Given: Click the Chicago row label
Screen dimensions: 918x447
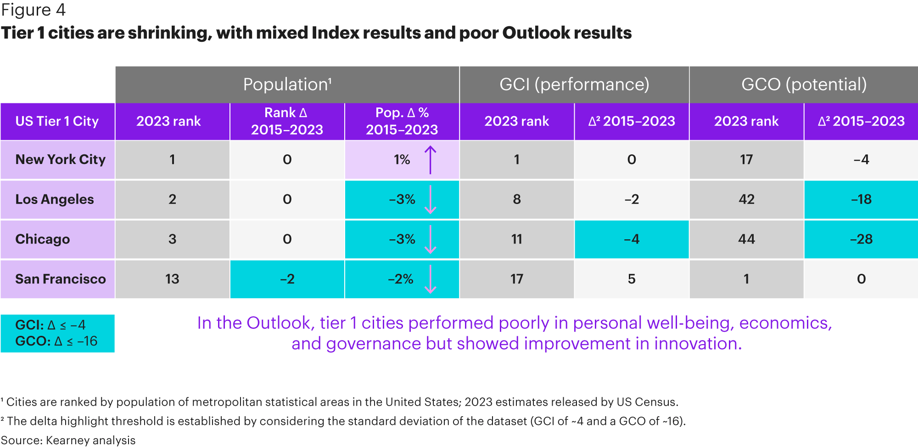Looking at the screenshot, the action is [43, 239].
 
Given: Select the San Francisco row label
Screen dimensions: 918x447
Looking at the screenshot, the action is [61, 279].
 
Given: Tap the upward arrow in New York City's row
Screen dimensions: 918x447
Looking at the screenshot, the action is [430, 160].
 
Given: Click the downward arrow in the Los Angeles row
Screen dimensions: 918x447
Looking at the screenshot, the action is [430, 200].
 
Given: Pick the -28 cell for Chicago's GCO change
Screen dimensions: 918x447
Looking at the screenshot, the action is [861, 239].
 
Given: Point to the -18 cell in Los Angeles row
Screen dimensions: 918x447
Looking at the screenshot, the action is [861, 199].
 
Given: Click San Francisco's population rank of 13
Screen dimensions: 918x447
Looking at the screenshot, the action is [172, 279].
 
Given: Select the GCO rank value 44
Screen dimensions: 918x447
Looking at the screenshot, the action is [746, 239].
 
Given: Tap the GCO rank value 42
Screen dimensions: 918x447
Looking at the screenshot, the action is [746, 199].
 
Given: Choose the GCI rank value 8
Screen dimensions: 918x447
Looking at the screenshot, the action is [517, 199].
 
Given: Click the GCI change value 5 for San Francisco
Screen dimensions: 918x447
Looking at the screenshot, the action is [632, 279].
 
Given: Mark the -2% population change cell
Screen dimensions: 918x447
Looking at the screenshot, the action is [402, 279].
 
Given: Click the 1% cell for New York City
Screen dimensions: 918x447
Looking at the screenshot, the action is [402, 159].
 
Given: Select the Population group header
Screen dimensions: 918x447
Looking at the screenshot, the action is [287, 85].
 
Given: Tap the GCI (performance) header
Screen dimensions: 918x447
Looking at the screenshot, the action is [574, 85].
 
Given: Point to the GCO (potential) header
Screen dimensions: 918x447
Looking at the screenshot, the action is [804, 85].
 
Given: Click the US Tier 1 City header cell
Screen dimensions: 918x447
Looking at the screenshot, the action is [57, 121].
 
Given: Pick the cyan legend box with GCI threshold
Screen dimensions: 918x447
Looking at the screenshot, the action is [57, 334].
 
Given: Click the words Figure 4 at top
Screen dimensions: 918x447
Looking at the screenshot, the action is [34, 10].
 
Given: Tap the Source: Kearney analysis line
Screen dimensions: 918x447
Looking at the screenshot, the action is [68, 440].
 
